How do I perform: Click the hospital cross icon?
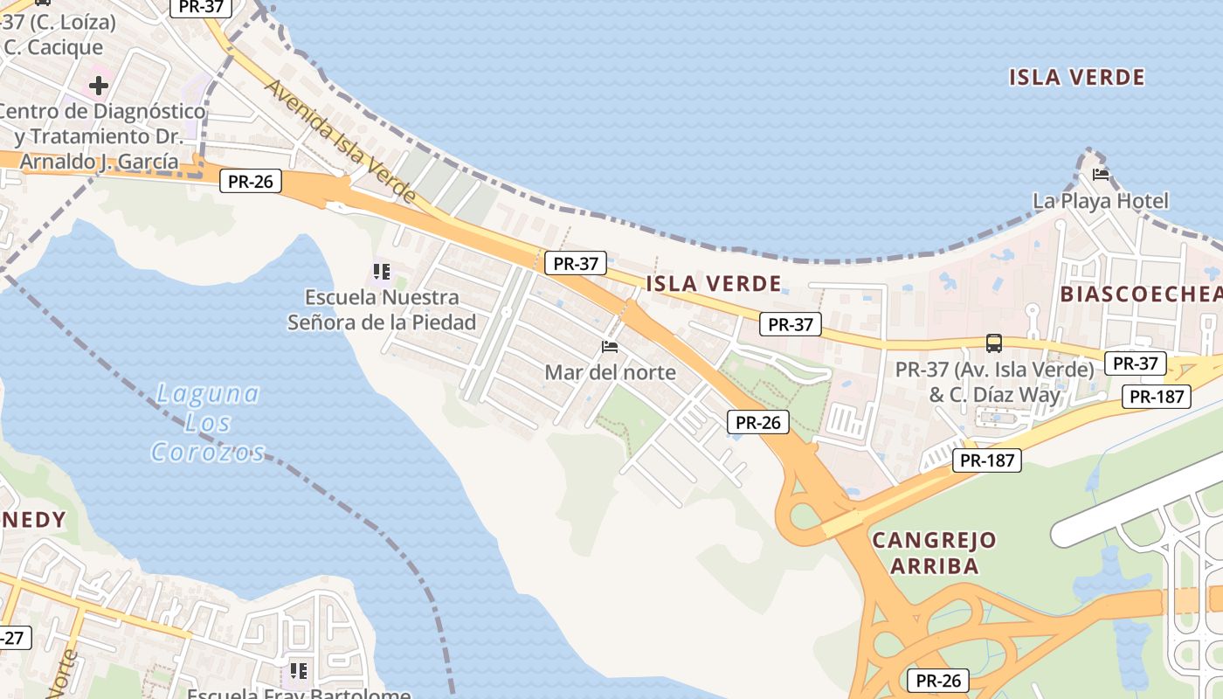(99, 86)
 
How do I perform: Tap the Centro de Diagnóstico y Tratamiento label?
(100, 136)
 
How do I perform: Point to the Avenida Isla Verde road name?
(340, 141)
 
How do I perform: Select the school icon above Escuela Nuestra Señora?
(381, 272)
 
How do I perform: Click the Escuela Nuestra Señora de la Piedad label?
(383, 310)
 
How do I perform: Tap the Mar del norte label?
(610, 372)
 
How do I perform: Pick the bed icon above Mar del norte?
(610, 347)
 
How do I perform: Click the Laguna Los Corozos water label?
(208, 422)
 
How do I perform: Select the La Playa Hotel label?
(1100, 201)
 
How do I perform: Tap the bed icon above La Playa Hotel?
(1101, 175)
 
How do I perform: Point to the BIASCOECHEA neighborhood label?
(1140, 294)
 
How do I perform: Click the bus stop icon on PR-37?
(993, 343)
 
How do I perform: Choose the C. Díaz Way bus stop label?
(994, 383)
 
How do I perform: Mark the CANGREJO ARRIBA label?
(934, 552)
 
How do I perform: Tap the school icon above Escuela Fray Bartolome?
(299, 671)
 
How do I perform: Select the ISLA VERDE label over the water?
(1076, 77)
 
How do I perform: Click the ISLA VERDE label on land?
(713, 283)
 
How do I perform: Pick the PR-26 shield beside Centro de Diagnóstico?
(250, 182)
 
